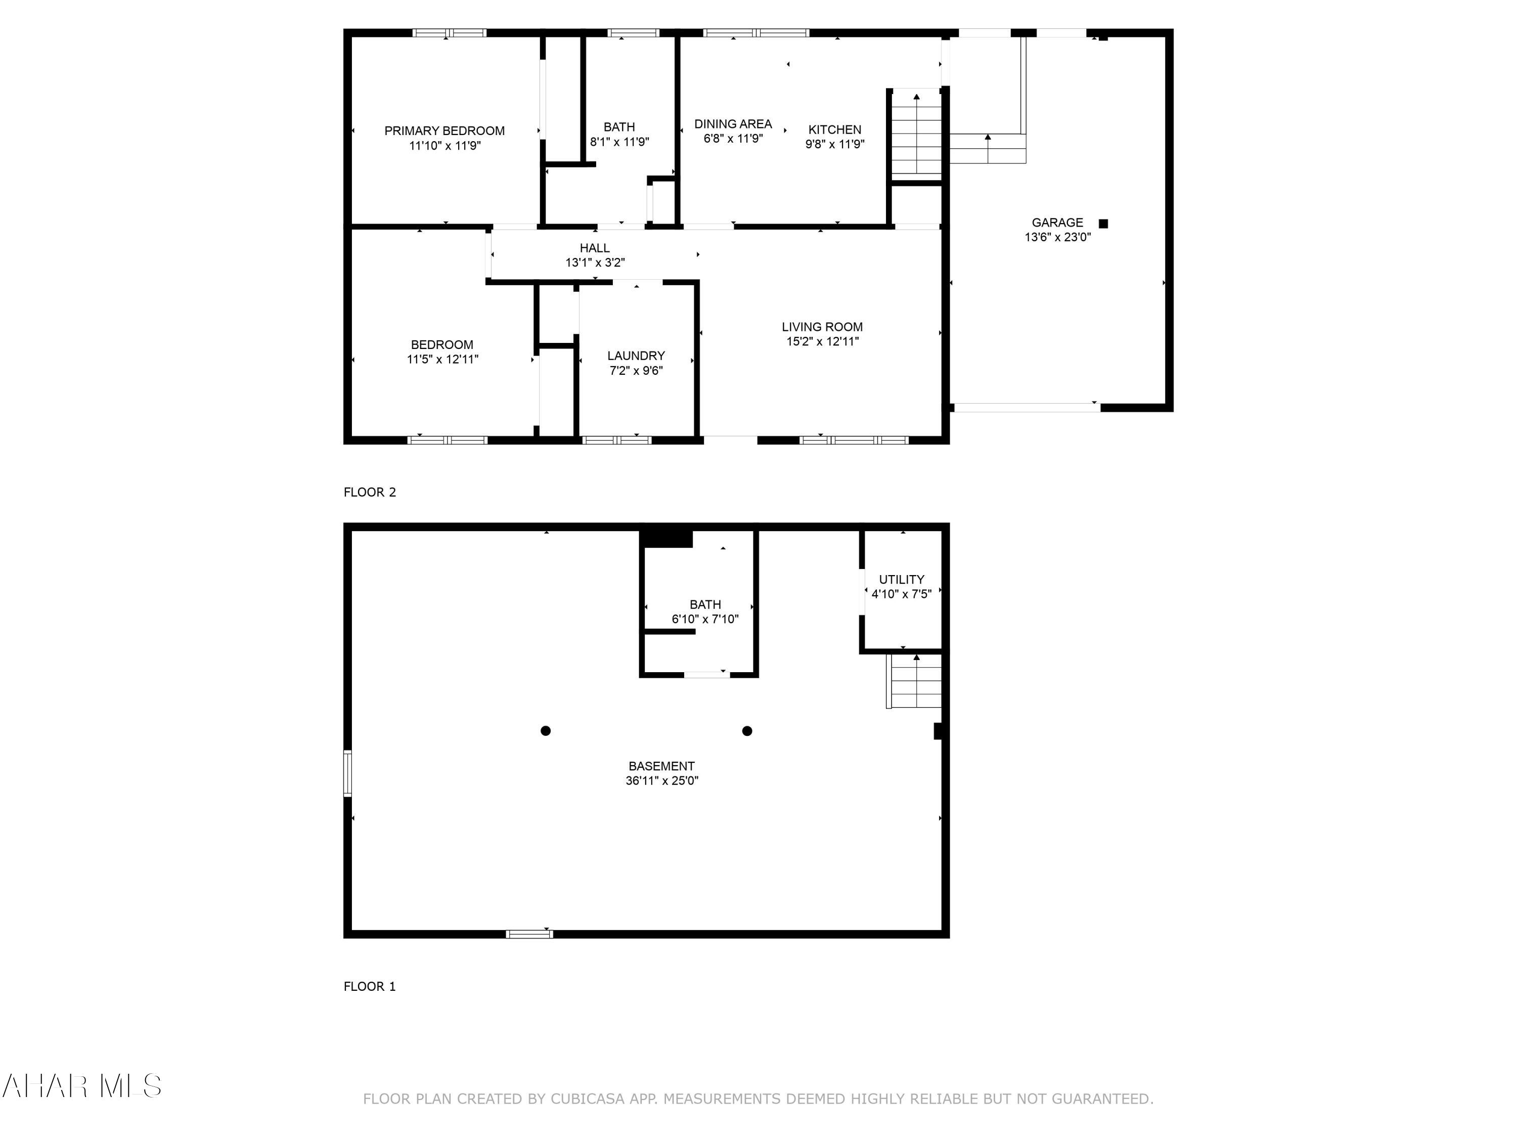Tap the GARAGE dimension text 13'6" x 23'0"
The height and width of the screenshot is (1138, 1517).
click(x=1057, y=237)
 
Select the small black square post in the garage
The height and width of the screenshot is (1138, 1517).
click(x=1103, y=224)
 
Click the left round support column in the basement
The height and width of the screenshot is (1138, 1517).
click(x=545, y=730)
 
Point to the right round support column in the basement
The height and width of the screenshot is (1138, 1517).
click(x=747, y=730)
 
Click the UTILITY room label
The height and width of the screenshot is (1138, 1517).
click(x=901, y=579)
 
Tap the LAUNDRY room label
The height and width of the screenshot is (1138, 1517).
click(x=636, y=356)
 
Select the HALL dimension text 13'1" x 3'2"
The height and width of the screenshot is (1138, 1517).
click(x=595, y=262)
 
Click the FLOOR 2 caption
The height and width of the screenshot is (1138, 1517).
click(x=370, y=492)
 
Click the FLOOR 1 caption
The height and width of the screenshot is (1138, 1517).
click(x=370, y=986)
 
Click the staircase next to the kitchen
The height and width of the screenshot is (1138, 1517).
click(x=916, y=134)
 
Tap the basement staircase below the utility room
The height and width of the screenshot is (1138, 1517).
click(x=915, y=681)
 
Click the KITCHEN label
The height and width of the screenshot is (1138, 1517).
click(x=834, y=129)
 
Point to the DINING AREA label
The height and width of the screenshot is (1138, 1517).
click(x=732, y=123)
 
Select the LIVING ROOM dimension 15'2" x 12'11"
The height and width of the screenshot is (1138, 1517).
click(x=822, y=341)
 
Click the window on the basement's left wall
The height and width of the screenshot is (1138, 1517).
click(x=348, y=773)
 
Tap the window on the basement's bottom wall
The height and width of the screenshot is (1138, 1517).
click(x=529, y=934)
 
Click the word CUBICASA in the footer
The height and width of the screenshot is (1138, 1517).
click(x=587, y=1099)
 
